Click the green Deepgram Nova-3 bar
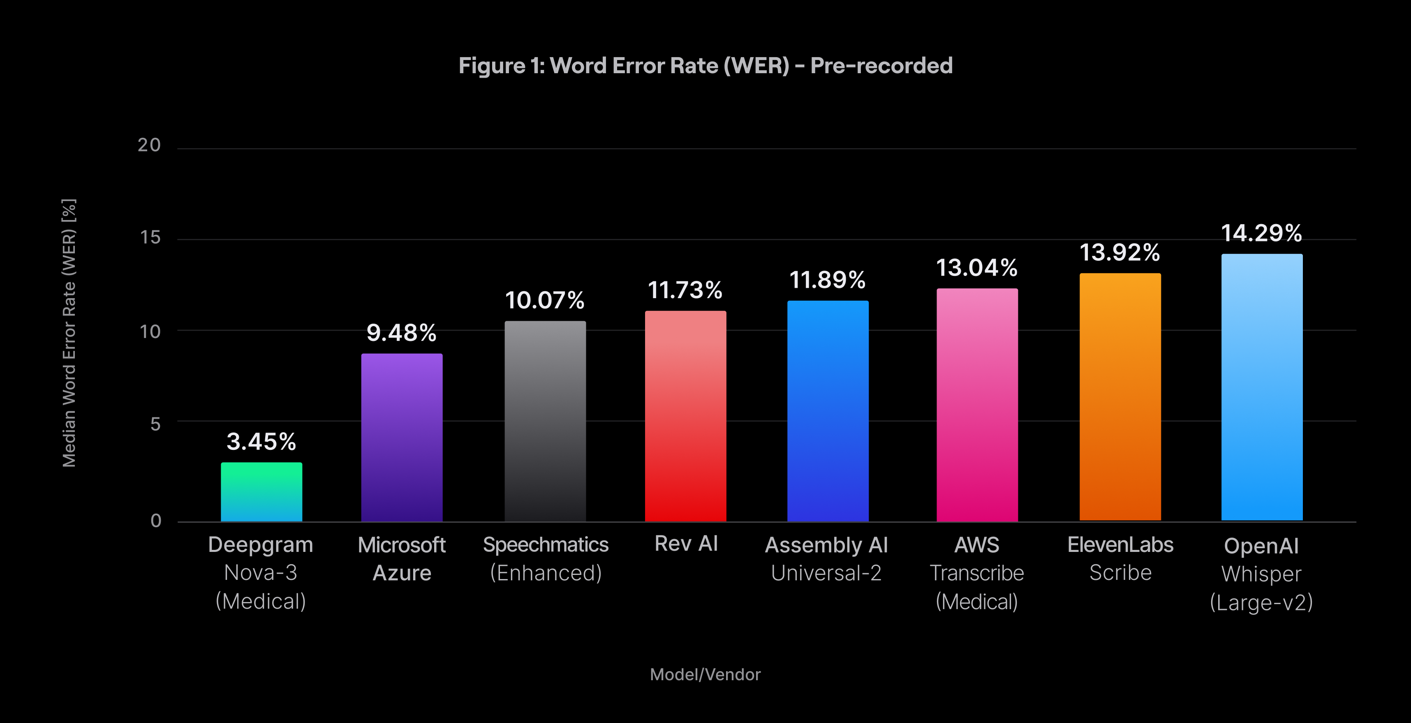click(x=261, y=492)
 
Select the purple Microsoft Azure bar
click(x=402, y=438)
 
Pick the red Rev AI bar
click(x=685, y=416)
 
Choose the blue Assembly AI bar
click(x=828, y=411)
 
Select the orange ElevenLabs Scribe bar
click(x=1120, y=397)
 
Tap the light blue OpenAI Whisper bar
click(x=1261, y=387)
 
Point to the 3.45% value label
click(x=261, y=441)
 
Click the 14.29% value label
click(x=1261, y=233)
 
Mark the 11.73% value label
click(x=685, y=290)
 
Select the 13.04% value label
click(x=976, y=268)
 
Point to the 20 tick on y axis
click(x=149, y=145)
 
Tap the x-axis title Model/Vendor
click(x=705, y=674)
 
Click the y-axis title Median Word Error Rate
click(x=69, y=333)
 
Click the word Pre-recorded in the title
click(x=881, y=66)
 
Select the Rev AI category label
click(x=686, y=544)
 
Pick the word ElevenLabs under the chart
click(x=1120, y=545)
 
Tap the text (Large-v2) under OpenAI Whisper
click(x=1261, y=602)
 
